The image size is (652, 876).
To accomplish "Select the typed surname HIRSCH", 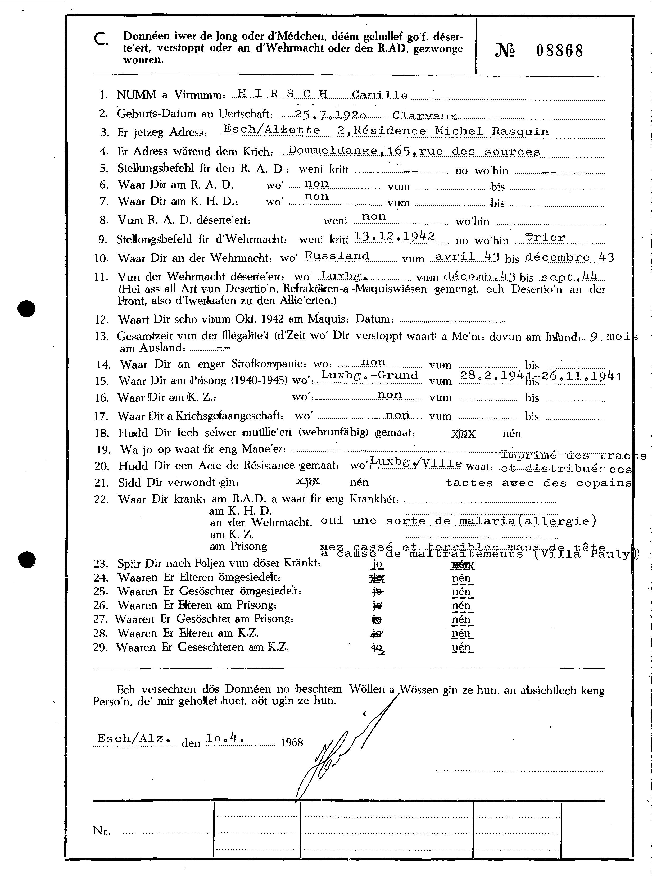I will [283, 94].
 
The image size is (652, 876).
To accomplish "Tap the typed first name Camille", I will [380, 95].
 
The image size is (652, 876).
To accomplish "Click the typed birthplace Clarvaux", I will [425, 116].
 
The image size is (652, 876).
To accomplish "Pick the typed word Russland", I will [337, 256].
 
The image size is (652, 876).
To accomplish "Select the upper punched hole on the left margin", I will [26, 308].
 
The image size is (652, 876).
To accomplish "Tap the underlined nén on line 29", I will [462, 647].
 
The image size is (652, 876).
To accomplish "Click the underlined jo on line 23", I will [377, 564].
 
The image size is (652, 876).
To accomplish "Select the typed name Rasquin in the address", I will [520, 131].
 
